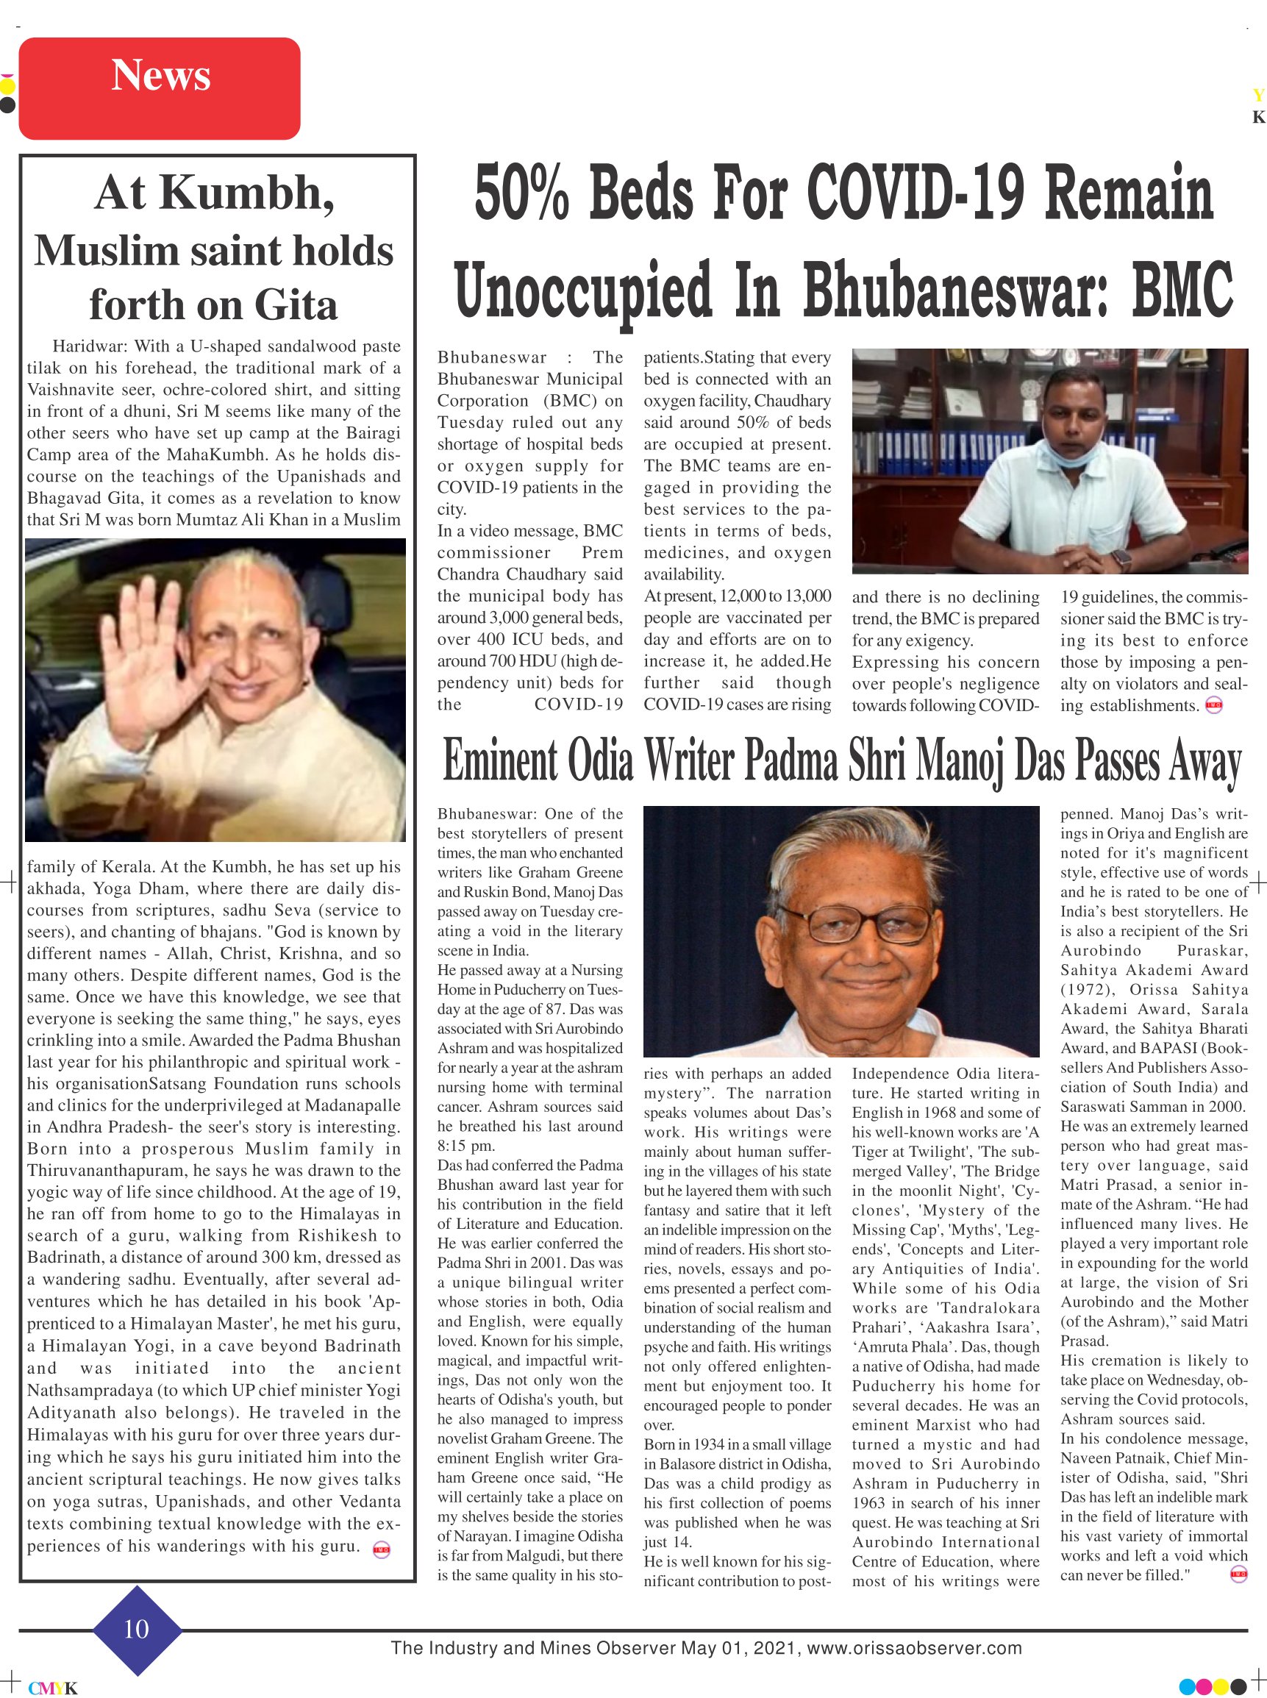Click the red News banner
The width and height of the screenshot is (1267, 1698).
point(160,88)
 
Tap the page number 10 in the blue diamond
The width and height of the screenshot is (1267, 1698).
point(137,1629)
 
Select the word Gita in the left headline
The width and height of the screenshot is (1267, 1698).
point(296,305)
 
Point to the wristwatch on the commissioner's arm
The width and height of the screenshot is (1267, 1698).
point(1121,560)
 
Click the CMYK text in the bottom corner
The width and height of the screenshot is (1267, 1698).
point(53,1688)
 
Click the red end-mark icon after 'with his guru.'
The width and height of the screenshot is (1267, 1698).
point(381,1550)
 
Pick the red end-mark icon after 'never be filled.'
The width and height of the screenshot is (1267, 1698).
point(1238,1574)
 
